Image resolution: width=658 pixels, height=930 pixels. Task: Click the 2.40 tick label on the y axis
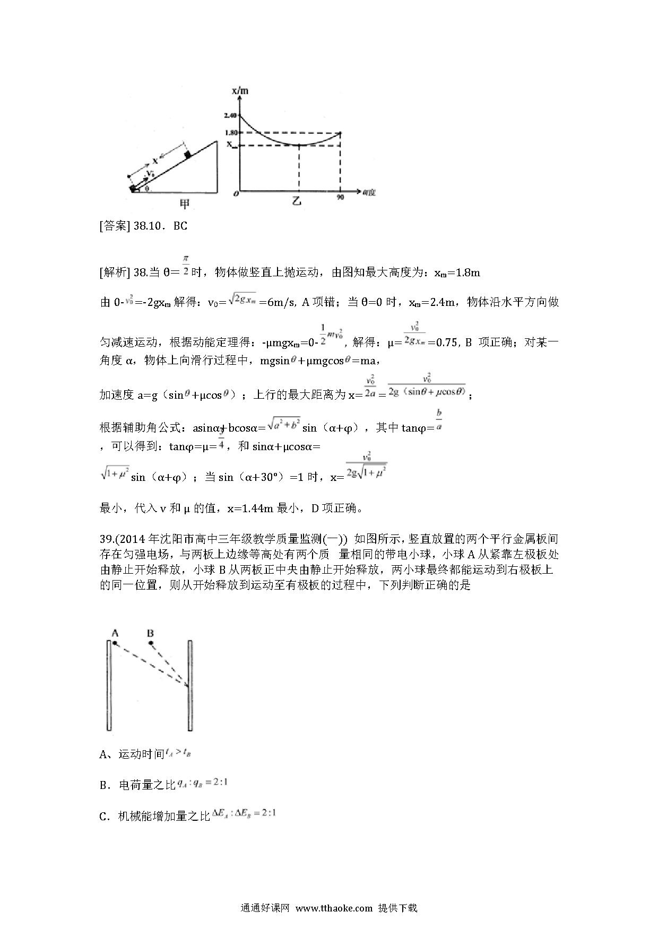coord(230,116)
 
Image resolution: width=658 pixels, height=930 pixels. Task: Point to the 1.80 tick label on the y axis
coord(230,133)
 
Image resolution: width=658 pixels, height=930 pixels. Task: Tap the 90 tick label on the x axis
coord(340,197)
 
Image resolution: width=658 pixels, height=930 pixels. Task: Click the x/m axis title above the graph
coord(240,91)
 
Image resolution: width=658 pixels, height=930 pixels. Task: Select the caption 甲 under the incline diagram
coord(185,204)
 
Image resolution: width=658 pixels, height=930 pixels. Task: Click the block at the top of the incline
coord(187,154)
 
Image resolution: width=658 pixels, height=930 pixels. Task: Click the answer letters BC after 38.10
coord(180,226)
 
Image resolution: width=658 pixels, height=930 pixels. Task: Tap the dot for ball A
coord(115,643)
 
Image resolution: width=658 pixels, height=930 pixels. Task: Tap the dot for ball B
coord(151,643)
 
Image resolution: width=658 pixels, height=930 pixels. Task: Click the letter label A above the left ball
coord(115,633)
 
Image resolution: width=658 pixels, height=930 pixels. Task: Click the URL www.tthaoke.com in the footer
coord(334,908)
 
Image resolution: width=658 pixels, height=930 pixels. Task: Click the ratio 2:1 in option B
coord(222,783)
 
